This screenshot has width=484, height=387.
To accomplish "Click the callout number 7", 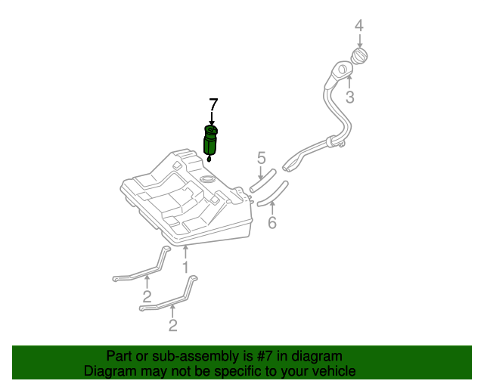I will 213,104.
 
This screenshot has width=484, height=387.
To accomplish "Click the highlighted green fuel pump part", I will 211,143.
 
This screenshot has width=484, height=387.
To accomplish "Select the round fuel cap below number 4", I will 360,57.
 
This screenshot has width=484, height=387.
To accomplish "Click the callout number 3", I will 350,98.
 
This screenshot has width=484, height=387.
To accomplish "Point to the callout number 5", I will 261,158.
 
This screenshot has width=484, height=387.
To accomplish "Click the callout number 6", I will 272,222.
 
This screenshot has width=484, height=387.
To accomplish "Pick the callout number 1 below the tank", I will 185,267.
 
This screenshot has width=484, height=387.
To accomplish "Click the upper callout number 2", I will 147,296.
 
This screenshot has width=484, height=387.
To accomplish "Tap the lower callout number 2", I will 173,325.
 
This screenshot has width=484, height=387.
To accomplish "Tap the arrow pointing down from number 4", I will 359,39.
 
